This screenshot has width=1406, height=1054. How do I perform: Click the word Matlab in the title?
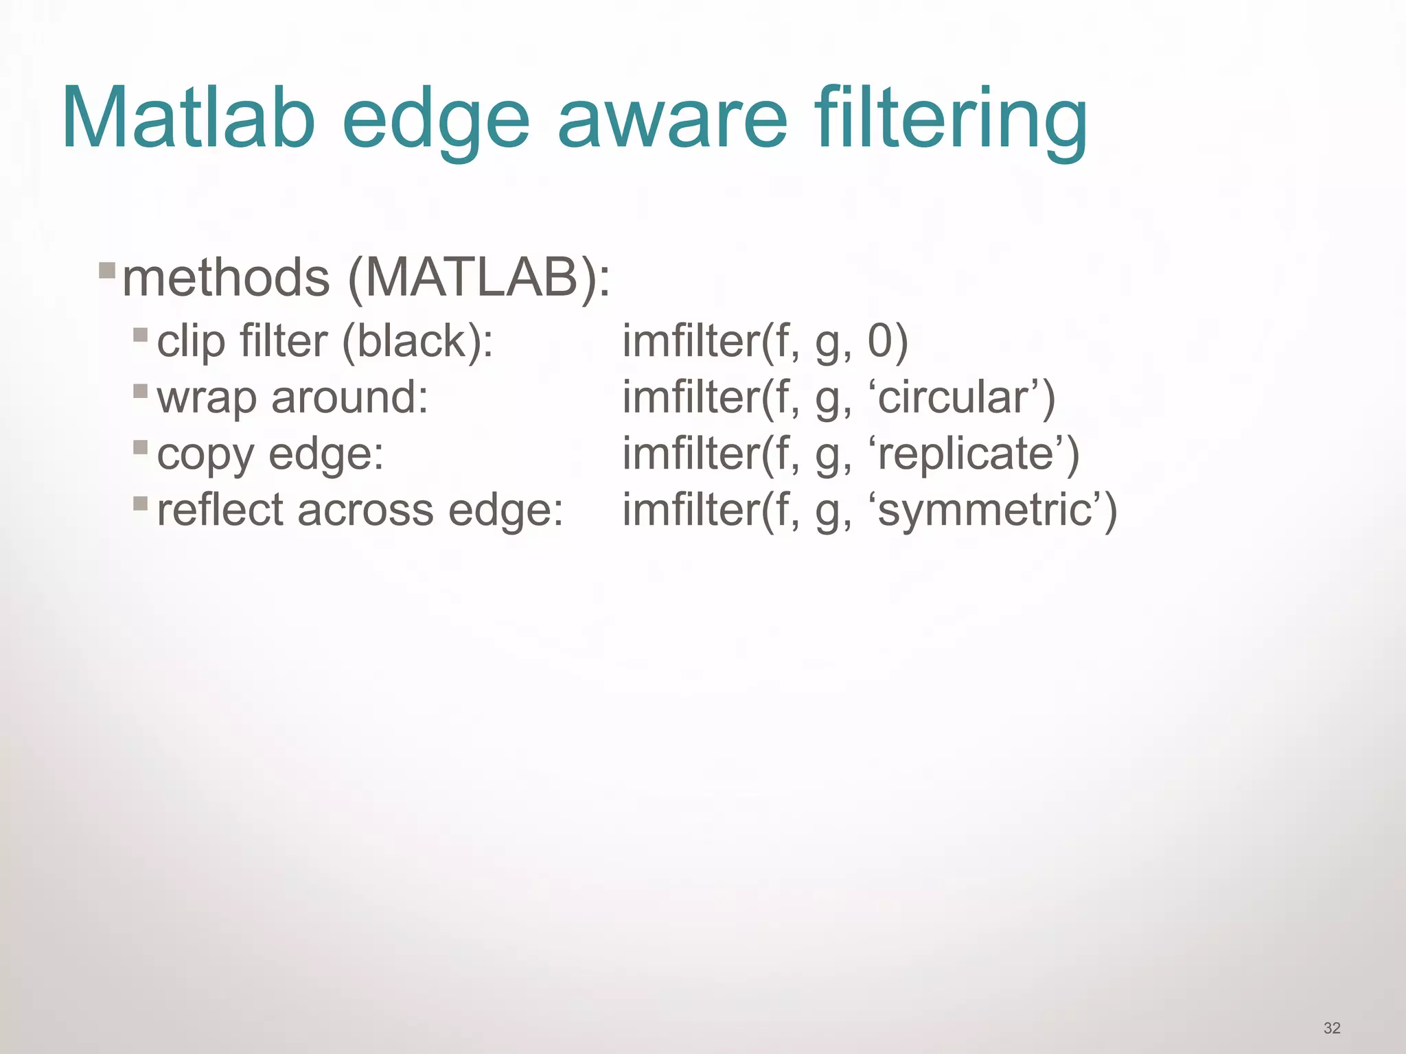(x=189, y=118)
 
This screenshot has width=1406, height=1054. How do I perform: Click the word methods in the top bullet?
(x=226, y=278)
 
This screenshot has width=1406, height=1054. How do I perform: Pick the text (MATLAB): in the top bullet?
(x=479, y=279)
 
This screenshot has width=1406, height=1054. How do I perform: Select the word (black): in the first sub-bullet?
(x=417, y=341)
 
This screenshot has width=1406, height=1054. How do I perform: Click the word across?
(x=366, y=511)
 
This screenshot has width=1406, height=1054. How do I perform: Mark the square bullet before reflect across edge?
(x=141, y=504)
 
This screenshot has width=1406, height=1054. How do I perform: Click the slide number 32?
(x=1332, y=1028)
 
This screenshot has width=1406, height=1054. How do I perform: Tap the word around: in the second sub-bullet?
(x=349, y=397)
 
